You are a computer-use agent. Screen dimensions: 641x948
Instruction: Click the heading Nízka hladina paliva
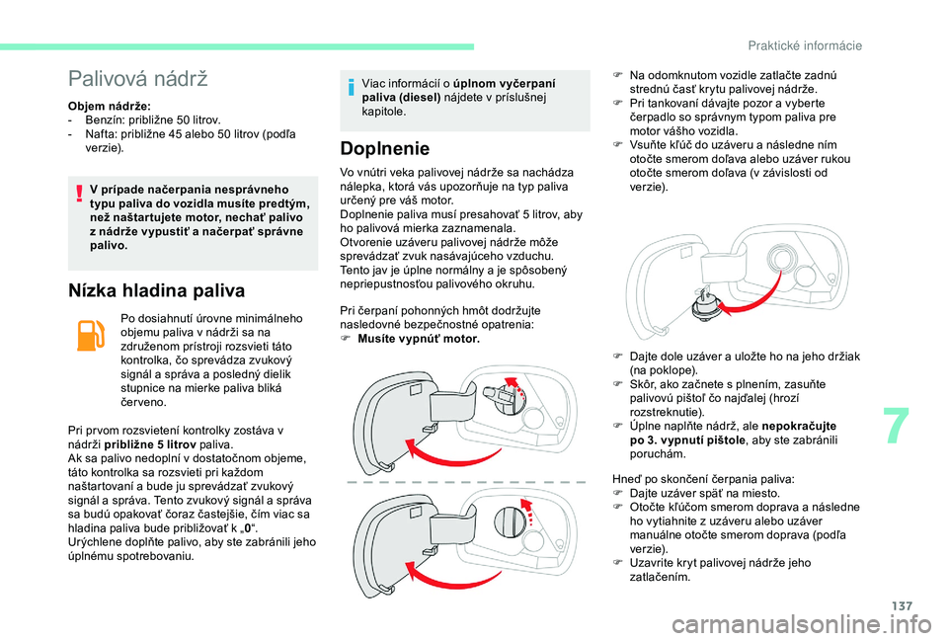pos(156,290)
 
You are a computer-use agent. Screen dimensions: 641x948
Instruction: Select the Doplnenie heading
pos(384,149)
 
